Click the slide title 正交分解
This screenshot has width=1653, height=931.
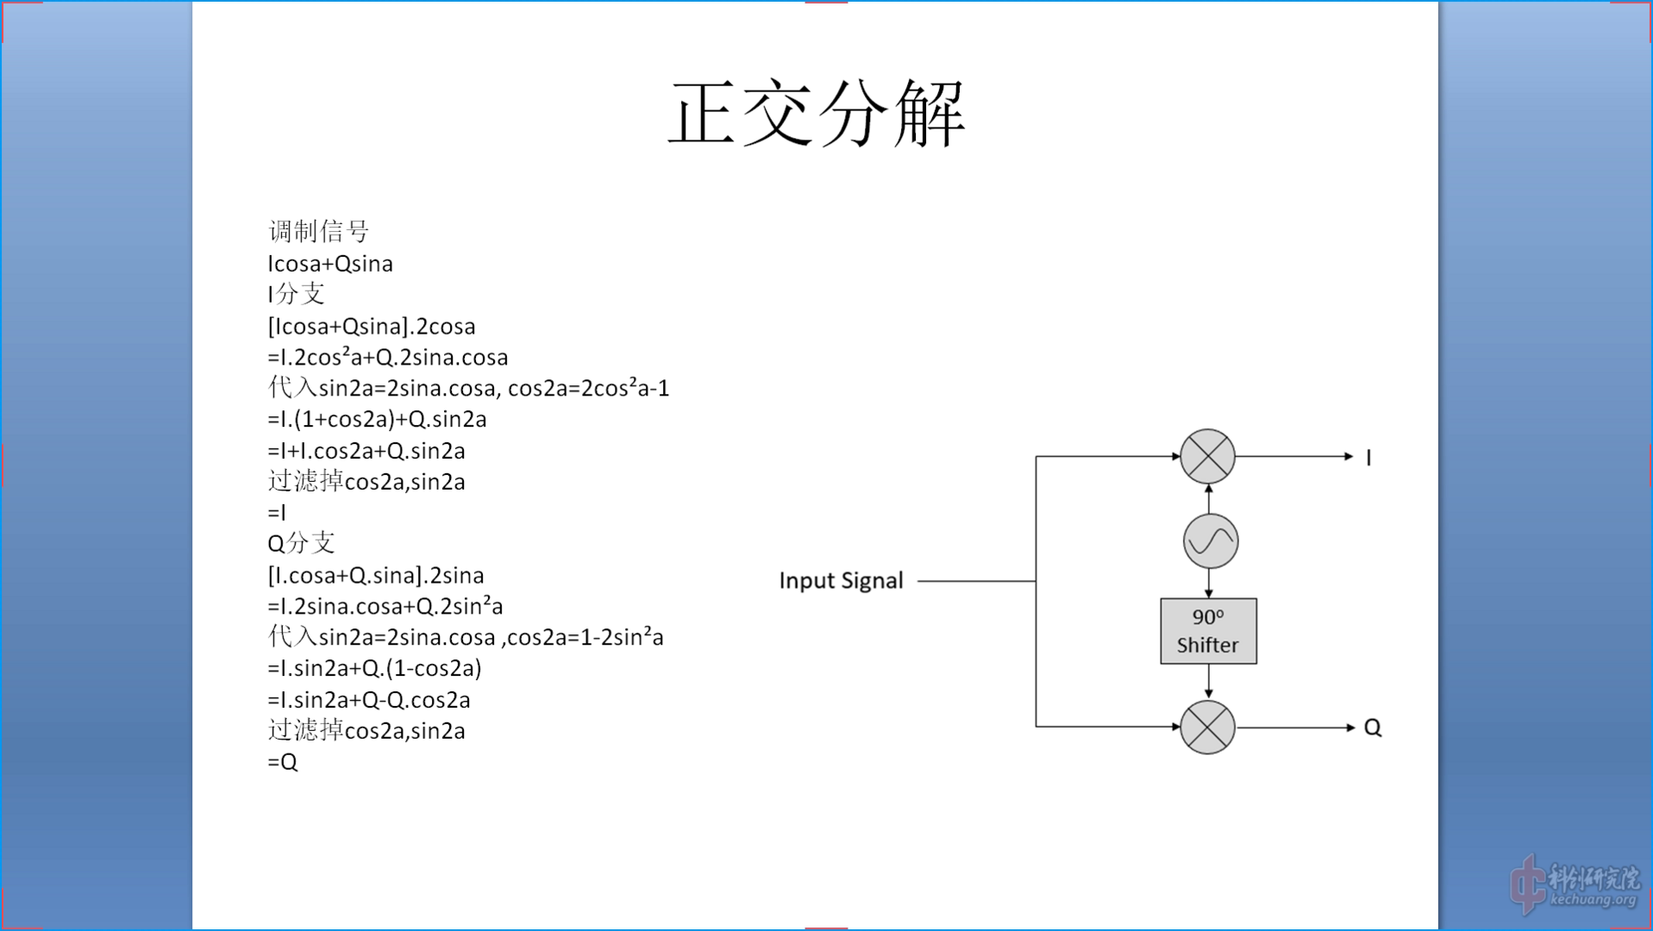[x=817, y=115]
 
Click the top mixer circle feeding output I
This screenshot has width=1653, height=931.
[x=1207, y=456]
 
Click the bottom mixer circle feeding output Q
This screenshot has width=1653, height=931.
[x=1207, y=727]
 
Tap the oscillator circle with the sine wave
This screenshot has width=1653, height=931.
[x=1210, y=541]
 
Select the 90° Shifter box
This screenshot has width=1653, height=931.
[x=1207, y=631]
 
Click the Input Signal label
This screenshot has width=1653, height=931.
[x=841, y=581]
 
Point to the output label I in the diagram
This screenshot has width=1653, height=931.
[x=1368, y=458]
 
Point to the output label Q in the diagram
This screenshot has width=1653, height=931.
[x=1373, y=728]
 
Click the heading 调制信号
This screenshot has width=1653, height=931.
[x=319, y=231]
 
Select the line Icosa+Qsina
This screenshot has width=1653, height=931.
[x=330, y=264]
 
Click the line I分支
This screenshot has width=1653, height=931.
[x=296, y=294]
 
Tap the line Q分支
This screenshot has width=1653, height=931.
[x=301, y=543]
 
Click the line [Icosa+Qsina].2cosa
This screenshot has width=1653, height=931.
[x=372, y=327]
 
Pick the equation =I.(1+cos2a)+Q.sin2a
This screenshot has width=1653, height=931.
[x=377, y=420]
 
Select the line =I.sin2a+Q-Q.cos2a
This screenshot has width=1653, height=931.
[x=369, y=700]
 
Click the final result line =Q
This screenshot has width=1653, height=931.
[x=283, y=762]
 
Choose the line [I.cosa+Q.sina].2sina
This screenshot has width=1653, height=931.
[x=376, y=575]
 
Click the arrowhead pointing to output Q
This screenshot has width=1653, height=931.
[x=1350, y=728]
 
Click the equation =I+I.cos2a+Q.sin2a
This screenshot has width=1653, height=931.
[x=366, y=451]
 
